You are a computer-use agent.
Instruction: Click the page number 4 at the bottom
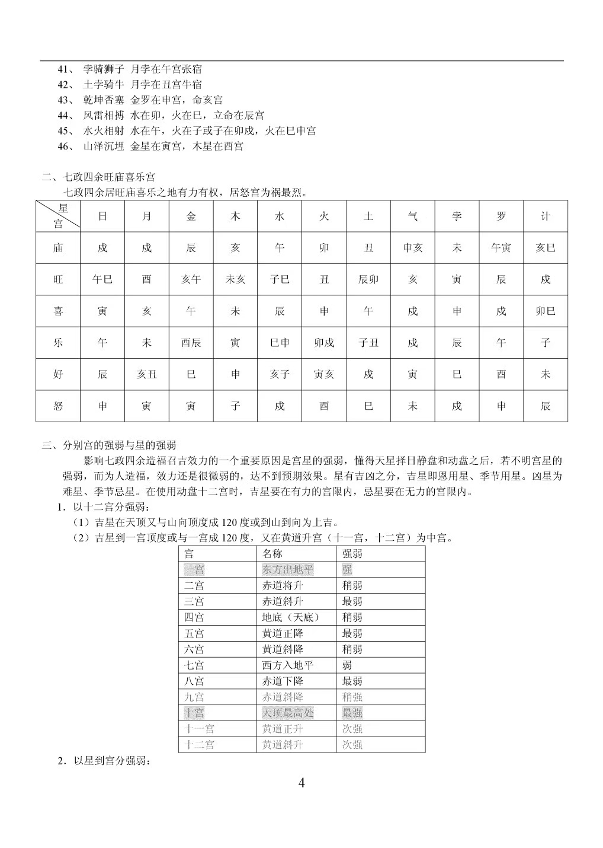pos(301,783)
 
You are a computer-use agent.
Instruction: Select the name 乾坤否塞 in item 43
pos(104,100)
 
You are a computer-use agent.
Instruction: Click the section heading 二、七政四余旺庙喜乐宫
pos(99,177)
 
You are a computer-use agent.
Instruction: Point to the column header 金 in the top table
pos(191,216)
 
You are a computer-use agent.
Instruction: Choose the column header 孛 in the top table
pos(457,216)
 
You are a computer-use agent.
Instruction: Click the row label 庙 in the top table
pos(58,248)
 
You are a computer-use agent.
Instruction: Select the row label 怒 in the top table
pos(58,406)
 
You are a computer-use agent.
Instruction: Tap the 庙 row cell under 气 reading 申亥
pos(412,248)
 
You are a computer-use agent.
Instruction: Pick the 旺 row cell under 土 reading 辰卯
pos(368,279)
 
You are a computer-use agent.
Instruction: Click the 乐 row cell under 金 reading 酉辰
pos(191,343)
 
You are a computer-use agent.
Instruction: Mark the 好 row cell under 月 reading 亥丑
pos(146,374)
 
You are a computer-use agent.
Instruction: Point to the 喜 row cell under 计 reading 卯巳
pos(545,311)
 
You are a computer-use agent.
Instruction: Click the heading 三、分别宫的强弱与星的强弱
pos(108,445)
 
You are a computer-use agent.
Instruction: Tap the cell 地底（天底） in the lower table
pos(291,617)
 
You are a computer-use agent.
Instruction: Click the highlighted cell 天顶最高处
pos(288,713)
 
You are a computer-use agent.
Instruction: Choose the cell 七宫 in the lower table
pos(194,665)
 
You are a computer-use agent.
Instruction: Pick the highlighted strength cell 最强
pos(352,713)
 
